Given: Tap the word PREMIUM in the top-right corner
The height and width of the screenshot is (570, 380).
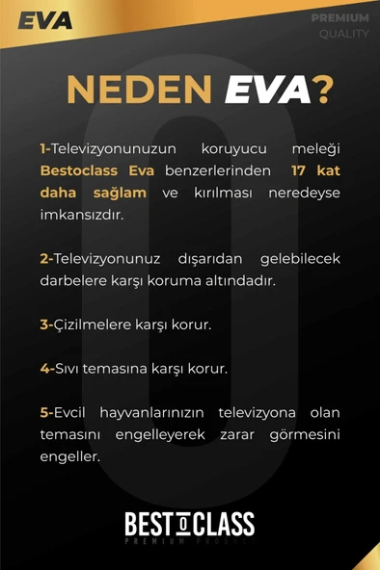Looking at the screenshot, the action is pyautogui.click(x=339, y=18).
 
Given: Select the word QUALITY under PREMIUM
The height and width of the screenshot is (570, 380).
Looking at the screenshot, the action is pyautogui.click(x=344, y=34).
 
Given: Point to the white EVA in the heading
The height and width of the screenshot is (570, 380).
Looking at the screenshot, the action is pyautogui.click(x=268, y=91).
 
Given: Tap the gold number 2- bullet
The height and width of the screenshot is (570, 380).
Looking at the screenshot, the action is pyautogui.click(x=45, y=259).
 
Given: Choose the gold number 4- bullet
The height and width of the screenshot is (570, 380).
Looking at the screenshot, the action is pyautogui.click(x=45, y=369).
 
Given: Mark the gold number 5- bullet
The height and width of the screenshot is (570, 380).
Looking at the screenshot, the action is pyautogui.click(x=45, y=413).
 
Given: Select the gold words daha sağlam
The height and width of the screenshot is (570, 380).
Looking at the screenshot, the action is pyautogui.click(x=80, y=193).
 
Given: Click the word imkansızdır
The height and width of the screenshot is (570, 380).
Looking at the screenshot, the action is pyautogui.click(x=82, y=215).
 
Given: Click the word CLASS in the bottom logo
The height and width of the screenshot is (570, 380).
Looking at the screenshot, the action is pyautogui.click(x=224, y=525).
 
